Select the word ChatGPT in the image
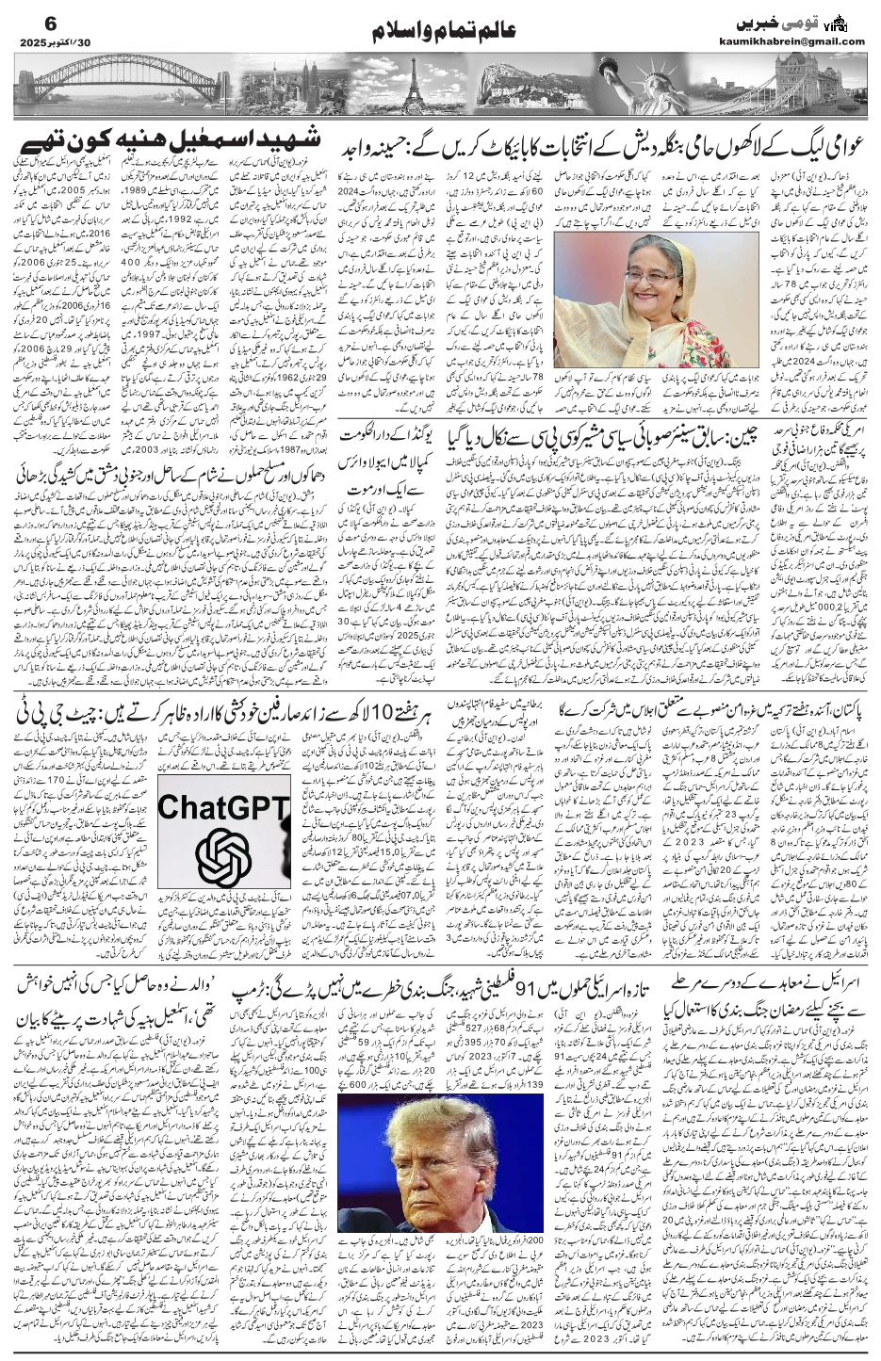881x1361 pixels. point(223,806)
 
